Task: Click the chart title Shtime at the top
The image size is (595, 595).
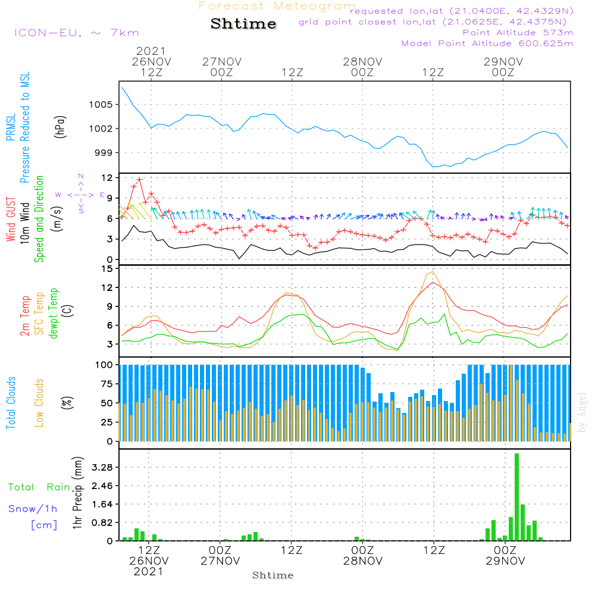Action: click(x=243, y=24)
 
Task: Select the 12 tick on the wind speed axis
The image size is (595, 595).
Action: click(x=107, y=178)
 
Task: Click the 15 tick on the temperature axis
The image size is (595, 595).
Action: click(x=107, y=269)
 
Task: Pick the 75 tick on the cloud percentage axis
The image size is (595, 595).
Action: click(x=107, y=384)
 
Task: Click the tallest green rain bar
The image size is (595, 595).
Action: click(x=516, y=497)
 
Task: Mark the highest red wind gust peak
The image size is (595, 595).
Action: click(x=140, y=179)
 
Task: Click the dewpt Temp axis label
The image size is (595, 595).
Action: click(x=54, y=313)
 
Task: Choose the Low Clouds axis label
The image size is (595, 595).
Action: click(x=39, y=403)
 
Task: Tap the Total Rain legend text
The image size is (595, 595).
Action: click(x=39, y=487)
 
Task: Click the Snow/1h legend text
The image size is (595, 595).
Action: click(x=33, y=509)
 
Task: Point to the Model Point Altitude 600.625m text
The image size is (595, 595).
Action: click(x=487, y=43)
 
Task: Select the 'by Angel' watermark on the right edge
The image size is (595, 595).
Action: click(x=582, y=420)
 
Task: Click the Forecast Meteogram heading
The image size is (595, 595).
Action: click(x=277, y=6)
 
